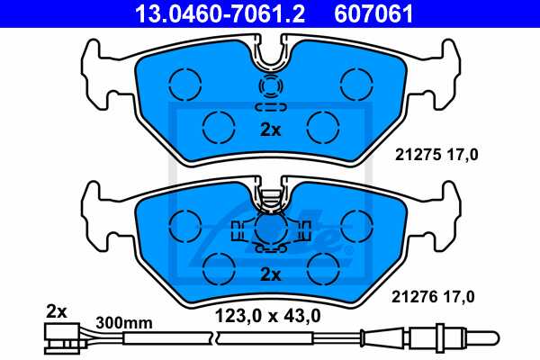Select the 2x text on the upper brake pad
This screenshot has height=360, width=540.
[x=270, y=130]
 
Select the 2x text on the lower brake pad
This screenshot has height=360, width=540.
[x=270, y=273]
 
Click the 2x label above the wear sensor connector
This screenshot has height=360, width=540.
[x=57, y=311]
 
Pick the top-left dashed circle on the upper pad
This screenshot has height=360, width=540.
[x=186, y=85]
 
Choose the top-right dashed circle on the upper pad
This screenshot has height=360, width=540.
[x=354, y=85]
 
